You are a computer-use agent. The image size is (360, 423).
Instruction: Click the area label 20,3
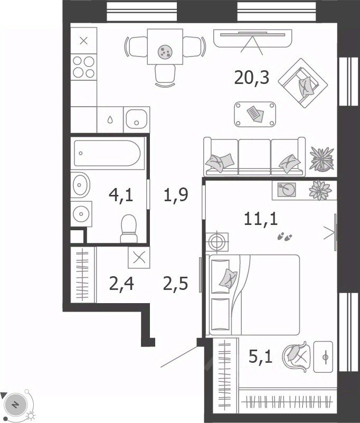pyautogui.click(x=252, y=78)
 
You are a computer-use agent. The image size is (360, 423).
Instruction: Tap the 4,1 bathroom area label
pyautogui.click(x=121, y=195)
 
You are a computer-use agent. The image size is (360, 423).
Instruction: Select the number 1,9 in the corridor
pyautogui.click(x=176, y=195)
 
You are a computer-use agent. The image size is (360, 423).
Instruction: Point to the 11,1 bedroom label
pyautogui.click(x=261, y=219)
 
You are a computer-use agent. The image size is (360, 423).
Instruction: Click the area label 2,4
pyautogui.click(x=121, y=284)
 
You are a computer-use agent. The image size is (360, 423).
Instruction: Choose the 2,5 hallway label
pyautogui.click(x=175, y=284)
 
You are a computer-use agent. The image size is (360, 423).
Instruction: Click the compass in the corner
pyautogui.click(x=16, y=405)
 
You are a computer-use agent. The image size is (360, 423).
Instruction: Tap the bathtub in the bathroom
pyautogui.click(x=107, y=153)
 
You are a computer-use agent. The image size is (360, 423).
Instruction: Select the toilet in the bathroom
pyautogui.click(x=129, y=229)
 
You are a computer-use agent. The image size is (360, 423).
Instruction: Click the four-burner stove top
pyautogui.click(x=83, y=67)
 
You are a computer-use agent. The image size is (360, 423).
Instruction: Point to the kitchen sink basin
pyautogui.click(x=136, y=119)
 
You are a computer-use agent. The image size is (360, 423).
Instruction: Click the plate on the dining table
pyautogui.click(x=165, y=51)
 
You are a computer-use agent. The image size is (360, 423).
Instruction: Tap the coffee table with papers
pyautogui.click(x=255, y=114)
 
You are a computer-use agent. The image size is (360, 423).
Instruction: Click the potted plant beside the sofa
pyautogui.click(x=322, y=159)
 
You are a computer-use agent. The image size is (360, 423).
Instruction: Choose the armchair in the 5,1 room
pyautogui.click(x=296, y=355)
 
